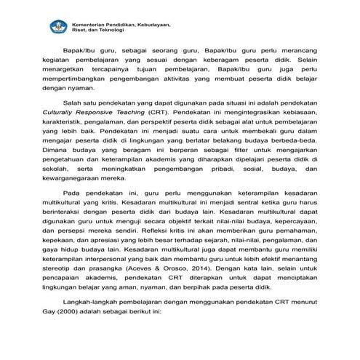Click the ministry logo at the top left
pyautogui.click(x=57, y=27)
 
